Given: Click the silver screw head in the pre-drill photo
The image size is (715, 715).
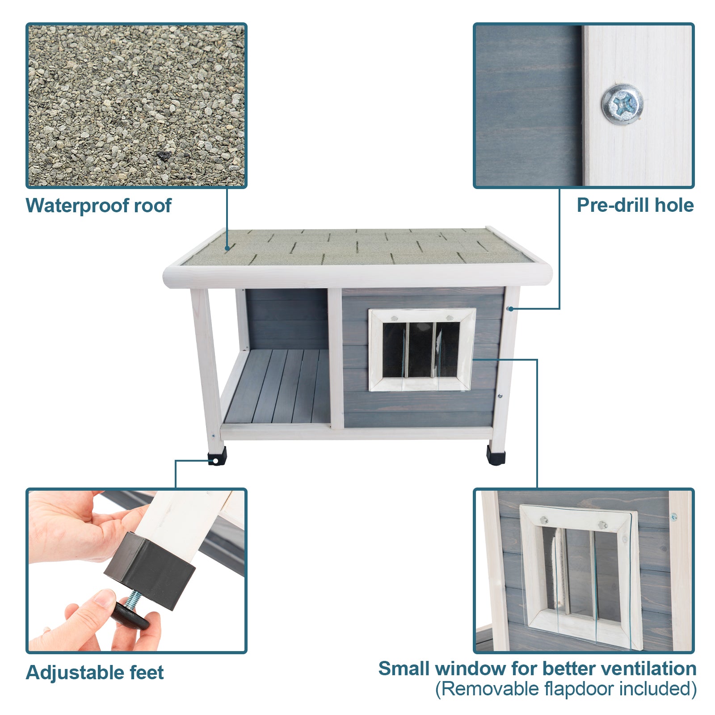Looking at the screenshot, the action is pyautogui.click(x=622, y=104).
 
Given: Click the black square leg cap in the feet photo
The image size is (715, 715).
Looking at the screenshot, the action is pyautogui.click(x=150, y=570).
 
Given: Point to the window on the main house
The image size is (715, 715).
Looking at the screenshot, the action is pyautogui.click(x=422, y=349).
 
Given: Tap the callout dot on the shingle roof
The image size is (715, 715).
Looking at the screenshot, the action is pyautogui.click(x=227, y=248).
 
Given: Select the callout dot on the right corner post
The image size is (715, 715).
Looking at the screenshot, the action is pyautogui.click(x=510, y=309).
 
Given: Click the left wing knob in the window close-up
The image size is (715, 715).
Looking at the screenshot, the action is pyautogui.click(x=544, y=520).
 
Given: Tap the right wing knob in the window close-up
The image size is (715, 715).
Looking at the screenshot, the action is pyautogui.click(x=602, y=525).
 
